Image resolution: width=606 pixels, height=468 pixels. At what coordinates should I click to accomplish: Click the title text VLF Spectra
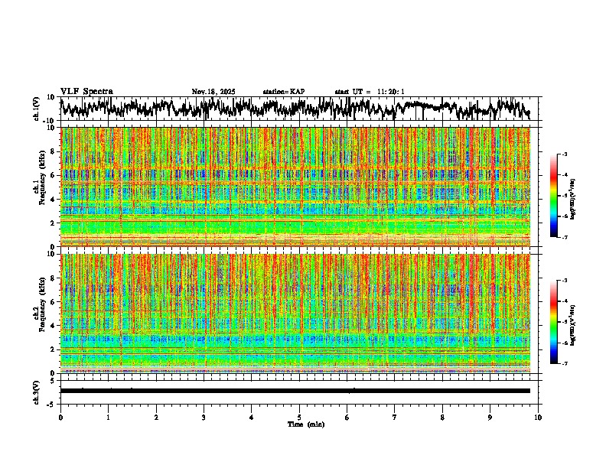click(x=86, y=92)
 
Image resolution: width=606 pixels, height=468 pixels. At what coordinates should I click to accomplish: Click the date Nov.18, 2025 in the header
click(x=213, y=92)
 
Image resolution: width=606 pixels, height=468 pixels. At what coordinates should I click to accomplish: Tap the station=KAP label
click(x=283, y=92)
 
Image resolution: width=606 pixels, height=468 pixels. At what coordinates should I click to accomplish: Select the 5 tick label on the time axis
click(x=299, y=418)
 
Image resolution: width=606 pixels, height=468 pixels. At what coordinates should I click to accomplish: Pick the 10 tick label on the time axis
click(x=538, y=418)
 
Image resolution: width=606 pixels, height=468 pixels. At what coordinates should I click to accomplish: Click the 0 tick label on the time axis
click(x=60, y=418)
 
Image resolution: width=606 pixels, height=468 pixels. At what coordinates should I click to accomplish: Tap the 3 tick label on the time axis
click(x=204, y=418)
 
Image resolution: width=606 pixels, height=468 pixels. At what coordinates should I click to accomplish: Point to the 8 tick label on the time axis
click(x=442, y=418)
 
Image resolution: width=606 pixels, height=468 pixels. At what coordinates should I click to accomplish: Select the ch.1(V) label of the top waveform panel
click(x=37, y=109)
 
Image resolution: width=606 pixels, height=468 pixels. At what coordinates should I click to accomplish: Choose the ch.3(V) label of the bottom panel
click(x=37, y=391)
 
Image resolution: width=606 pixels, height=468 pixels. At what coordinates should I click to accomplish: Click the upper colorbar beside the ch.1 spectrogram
click(x=554, y=196)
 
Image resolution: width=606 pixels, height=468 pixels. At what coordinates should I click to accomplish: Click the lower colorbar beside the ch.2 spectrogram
click(x=554, y=322)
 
